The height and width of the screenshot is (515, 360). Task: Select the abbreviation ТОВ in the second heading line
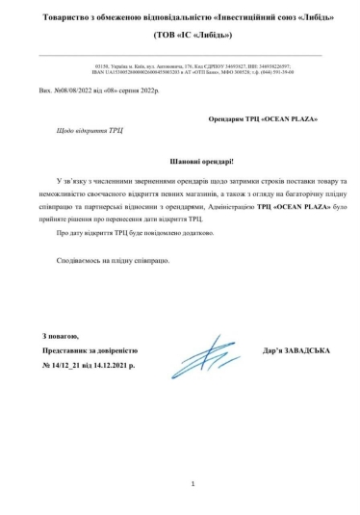tap(140, 36)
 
